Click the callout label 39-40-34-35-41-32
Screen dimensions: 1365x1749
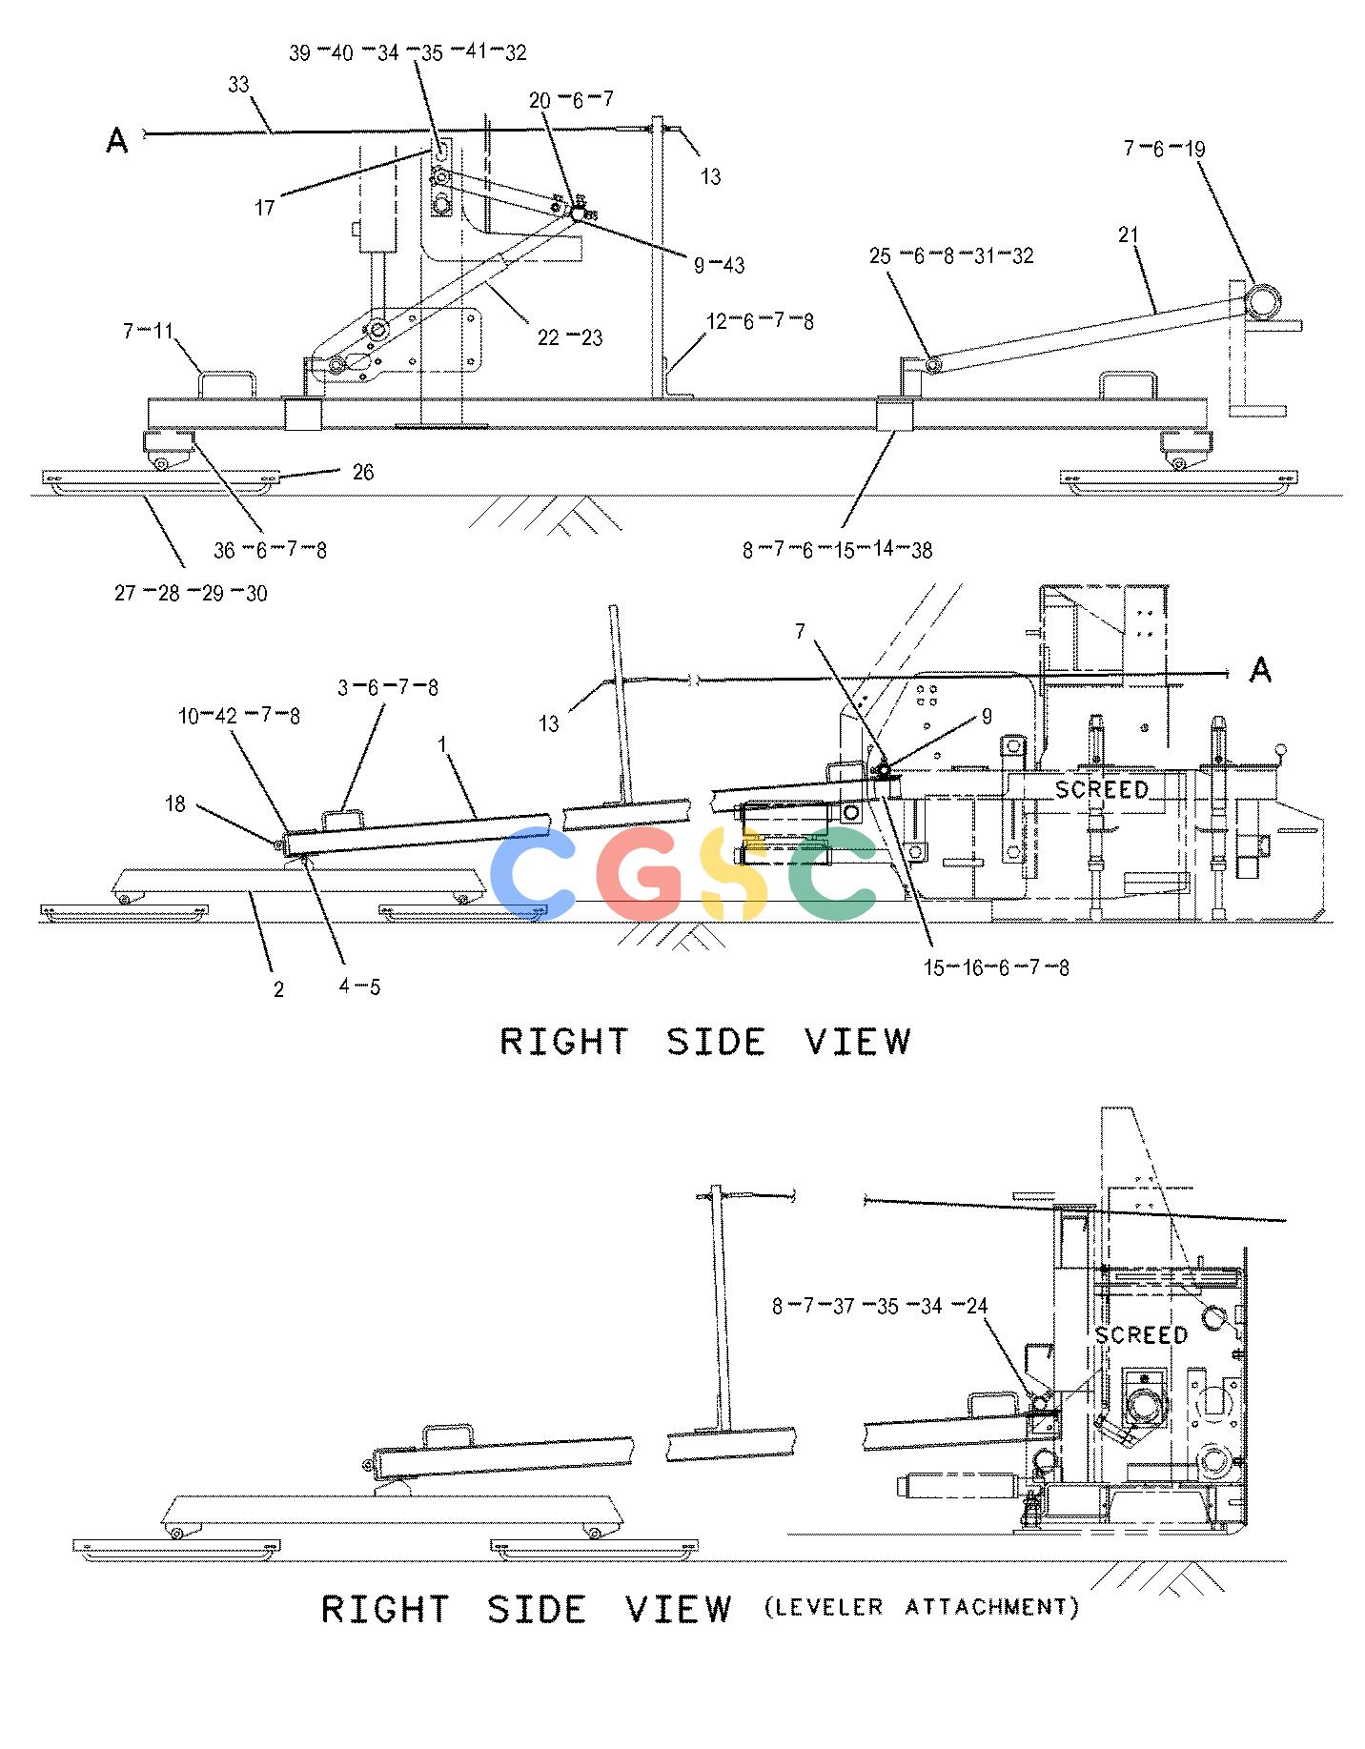click(x=407, y=53)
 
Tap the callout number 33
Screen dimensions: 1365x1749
click(x=238, y=85)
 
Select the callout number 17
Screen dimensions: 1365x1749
click(x=265, y=207)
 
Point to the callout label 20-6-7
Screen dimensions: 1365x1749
click(x=571, y=99)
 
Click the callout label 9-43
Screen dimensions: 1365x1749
click(x=719, y=265)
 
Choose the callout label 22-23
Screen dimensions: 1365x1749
click(x=570, y=337)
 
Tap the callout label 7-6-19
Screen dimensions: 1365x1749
click(x=1164, y=149)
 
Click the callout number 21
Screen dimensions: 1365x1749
click(x=1129, y=234)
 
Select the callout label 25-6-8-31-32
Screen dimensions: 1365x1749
click(x=951, y=256)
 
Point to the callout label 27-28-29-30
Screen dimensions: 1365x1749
click(x=191, y=594)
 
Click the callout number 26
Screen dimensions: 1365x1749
click(x=363, y=473)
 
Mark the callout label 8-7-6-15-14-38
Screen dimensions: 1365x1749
click(x=838, y=550)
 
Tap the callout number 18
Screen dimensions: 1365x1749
click(x=175, y=804)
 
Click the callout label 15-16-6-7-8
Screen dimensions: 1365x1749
click(x=996, y=968)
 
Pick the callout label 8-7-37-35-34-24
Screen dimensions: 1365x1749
click(x=880, y=1306)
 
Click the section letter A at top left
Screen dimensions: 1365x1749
click(x=117, y=142)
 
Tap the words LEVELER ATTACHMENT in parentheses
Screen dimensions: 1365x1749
click(x=922, y=1608)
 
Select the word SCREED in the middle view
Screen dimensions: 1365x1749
click(x=1102, y=789)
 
